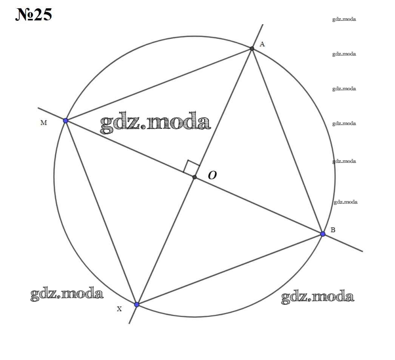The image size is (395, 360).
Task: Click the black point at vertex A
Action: tap(252, 48)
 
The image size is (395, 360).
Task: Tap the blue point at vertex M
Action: tap(66, 121)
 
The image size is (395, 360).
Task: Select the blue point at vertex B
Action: tap(323, 234)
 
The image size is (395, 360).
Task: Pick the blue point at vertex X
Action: tap(137, 304)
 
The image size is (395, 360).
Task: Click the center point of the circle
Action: tap(194, 177)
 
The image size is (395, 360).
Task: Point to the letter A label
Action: tap(262, 44)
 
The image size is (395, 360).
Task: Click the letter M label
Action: tap(43, 123)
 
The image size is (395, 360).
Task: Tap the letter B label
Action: tap(333, 230)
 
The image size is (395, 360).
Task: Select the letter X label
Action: tap(119, 309)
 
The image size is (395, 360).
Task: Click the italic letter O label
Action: tap(212, 175)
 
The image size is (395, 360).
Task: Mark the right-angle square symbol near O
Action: tap(192, 167)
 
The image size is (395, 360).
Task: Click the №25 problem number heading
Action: tap(34, 15)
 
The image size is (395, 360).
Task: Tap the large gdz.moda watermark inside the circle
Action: tap(155, 123)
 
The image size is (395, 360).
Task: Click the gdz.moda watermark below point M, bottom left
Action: tap(67, 294)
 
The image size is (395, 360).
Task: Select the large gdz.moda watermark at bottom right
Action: tap(318, 297)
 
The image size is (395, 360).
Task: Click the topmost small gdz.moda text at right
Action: tap(344, 19)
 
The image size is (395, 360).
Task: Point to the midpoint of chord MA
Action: tap(159, 85)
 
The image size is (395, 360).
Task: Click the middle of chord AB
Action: tap(287, 141)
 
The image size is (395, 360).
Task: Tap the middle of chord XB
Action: tap(230, 269)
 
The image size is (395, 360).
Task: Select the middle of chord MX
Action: tap(101, 213)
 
